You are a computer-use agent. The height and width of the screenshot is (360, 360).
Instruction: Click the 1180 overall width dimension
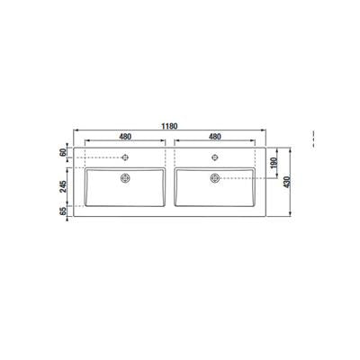[170, 126]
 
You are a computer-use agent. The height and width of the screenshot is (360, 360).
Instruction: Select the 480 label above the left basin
[125, 137]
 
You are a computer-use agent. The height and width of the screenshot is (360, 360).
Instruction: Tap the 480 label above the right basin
[215, 137]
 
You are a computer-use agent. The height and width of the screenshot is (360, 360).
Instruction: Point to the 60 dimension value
[63, 152]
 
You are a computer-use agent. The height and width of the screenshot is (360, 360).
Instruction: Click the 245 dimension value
[63, 186]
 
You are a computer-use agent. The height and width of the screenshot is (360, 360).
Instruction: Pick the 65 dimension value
[63, 211]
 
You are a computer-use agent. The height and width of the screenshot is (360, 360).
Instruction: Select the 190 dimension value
[274, 163]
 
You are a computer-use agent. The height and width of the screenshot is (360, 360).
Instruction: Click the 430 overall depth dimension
[287, 182]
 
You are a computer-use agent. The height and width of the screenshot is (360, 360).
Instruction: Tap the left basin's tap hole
[125, 157]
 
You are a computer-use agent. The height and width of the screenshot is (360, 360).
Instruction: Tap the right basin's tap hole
[215, 157]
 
